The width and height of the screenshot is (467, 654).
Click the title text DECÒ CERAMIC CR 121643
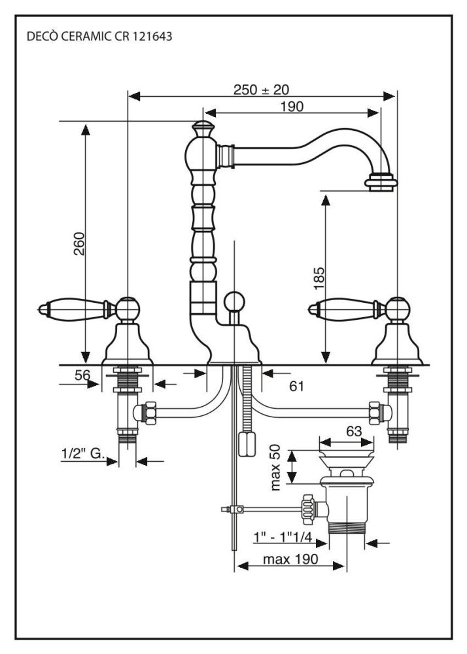99,36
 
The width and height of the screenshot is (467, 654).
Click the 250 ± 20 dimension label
261,90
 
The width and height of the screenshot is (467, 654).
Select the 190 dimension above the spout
292,107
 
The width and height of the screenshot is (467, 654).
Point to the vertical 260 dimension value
78,243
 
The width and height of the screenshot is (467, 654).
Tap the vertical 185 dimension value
319,278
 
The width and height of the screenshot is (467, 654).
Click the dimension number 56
82,375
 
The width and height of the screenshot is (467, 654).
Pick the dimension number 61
296,387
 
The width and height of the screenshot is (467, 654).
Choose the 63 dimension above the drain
354,431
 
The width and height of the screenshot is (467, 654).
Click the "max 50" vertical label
276,467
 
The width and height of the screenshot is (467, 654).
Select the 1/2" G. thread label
83,453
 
